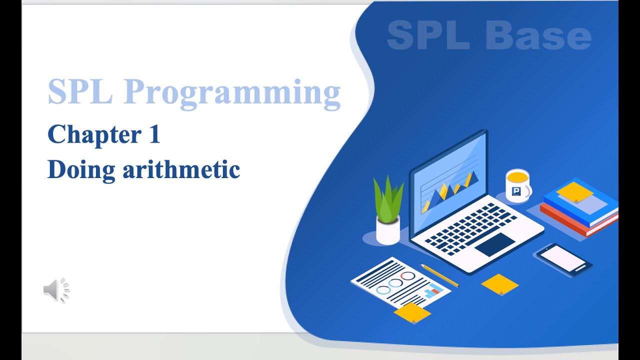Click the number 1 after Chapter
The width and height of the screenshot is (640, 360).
click(154, 134)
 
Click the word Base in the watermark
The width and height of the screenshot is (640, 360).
click(538, 35)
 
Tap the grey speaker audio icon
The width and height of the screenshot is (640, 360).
click(55, 290)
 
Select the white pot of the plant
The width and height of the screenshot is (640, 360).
click(388, 231)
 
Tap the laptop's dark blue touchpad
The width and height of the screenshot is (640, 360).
click(494, 244)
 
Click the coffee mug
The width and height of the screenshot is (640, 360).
click(517, 185)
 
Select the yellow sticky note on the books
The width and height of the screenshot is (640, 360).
click(574, 191)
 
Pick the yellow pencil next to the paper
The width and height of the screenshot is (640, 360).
click(439, 275)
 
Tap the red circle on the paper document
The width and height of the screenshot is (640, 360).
click(408, 276)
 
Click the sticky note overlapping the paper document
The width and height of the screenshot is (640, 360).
click(412, 312)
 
